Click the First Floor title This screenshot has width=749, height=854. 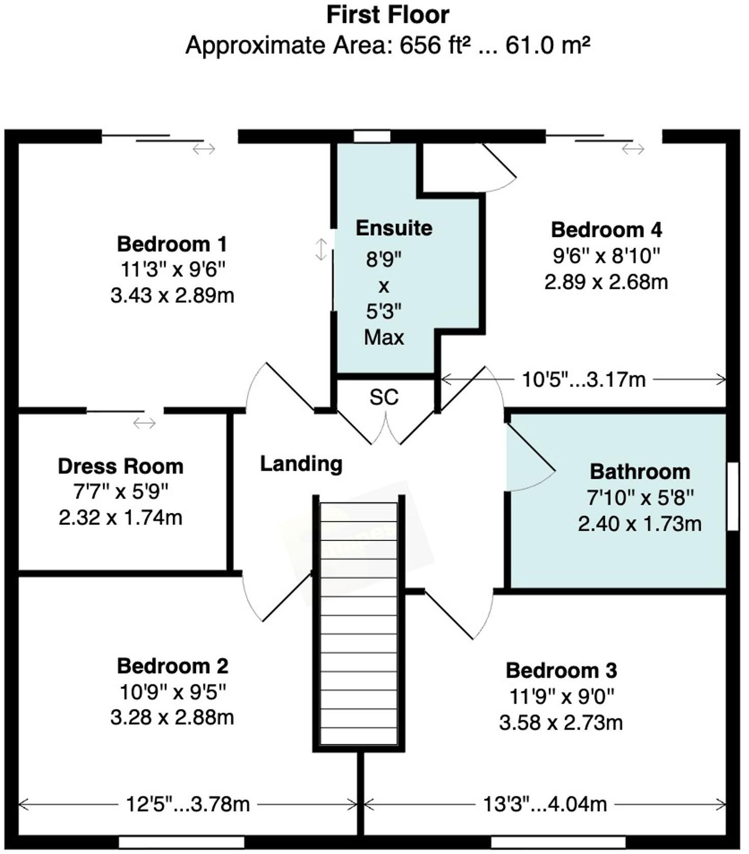click(388, 15)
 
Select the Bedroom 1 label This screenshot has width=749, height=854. click(172, 244)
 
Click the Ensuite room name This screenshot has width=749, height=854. click(394, 228)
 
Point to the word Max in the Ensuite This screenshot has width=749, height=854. click(384, 338)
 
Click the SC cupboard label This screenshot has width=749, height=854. click(384, 398)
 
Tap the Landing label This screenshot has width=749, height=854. click(301, 464)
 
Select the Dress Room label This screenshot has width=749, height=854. click(121, 466)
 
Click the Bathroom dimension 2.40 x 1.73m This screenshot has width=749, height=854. click(640, 524)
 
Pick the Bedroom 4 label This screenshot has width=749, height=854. click(607, 230)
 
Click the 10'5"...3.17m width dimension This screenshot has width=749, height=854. click(584, 380)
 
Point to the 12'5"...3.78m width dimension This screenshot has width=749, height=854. click(188, 805)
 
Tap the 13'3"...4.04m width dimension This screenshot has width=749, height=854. click(545, 805)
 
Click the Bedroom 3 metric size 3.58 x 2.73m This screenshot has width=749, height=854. click(561, 723)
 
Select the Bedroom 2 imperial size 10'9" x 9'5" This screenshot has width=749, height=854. click(172, 692)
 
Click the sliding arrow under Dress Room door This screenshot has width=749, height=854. click(144, 423)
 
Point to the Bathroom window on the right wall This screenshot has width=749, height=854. click(732, 497)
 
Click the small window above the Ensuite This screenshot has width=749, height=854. click(372, 136)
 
